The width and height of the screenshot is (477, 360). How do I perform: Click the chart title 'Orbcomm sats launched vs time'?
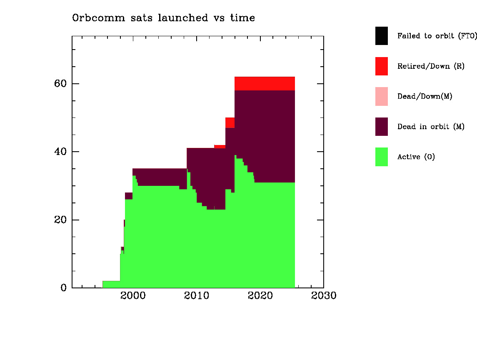click(x=163, y=18)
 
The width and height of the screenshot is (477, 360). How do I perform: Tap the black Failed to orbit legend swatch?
click(x=382, y=36)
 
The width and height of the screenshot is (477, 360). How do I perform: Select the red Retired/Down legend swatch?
click(x=382, y=66)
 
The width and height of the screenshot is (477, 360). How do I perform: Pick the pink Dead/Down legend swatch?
click(x=382, y=97)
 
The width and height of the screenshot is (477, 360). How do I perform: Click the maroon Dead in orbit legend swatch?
click(x=382, y=127)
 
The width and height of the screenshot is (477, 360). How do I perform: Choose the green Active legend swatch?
click(x=382, y=157)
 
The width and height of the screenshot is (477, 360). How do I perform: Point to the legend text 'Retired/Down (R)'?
click(x=431, y=66)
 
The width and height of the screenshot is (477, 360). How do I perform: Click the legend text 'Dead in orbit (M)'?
click(x=431, y=127)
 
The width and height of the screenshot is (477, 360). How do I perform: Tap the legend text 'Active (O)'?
click(x=416, y=157)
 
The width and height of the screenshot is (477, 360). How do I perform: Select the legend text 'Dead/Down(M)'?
click(x=425, y=97)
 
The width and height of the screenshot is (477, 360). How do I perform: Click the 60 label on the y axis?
click(x=60, y=83)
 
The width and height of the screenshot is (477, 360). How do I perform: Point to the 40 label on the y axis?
click(x=60, y=152)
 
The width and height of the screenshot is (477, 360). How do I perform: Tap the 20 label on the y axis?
click(x=60, y=220)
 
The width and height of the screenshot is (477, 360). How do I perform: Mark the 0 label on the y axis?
click(x=63, y=287)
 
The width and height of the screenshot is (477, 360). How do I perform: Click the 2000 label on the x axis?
click(x=133, y=295)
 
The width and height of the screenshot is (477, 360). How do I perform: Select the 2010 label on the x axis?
click(x=197, y=295)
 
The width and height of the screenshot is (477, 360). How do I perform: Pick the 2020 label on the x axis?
click(x=260, y=295)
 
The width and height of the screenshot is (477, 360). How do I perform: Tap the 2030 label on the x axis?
click(x=324, y=295)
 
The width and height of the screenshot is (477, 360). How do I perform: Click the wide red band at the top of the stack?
click(x=265, y=84)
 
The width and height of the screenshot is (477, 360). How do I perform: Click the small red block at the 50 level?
click(x=230, y=122)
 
